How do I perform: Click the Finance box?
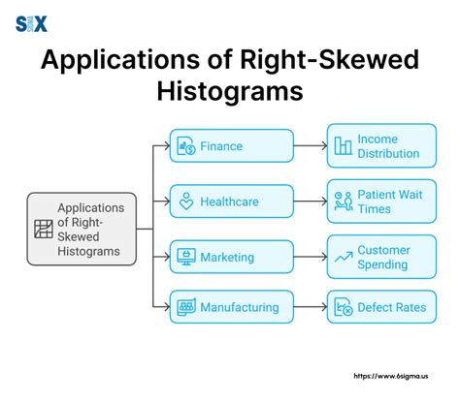pos(231,146)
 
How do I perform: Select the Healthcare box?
pos(231,202)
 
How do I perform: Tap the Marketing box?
pos(231,257)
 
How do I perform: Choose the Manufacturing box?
pos(231,307)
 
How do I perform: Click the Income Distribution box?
pos(377,145)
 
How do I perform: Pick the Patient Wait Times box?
pos(377,201)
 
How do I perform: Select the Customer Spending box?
pos(377,256)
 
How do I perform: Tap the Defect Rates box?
pos(377,307)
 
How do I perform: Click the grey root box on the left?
pos(81,229)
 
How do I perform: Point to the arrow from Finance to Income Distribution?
pos(310,146)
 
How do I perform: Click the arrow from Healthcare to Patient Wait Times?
pos(310,201)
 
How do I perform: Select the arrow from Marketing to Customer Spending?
pos(310,257)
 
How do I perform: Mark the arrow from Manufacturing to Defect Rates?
pos(310,307)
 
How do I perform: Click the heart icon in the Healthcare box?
pos(186,202)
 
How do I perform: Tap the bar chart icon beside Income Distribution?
pos(343,146)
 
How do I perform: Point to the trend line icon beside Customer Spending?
pos(343,257)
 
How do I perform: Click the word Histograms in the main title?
pos(229,91)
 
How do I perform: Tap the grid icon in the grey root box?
pos(43,230)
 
